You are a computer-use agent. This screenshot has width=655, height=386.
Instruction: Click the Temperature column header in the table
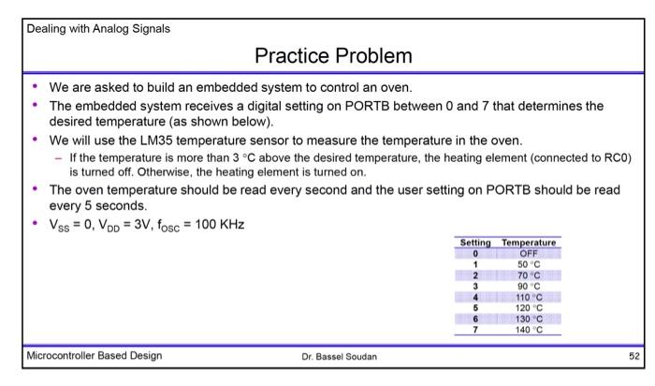click(x=530, y=242)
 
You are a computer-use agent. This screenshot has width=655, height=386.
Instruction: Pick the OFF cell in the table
click(x=530, y=252)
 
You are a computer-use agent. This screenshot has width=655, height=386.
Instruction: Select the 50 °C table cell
click(x=530, y=263)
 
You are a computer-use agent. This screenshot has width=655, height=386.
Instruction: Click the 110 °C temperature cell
click(x=530, y=296)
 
